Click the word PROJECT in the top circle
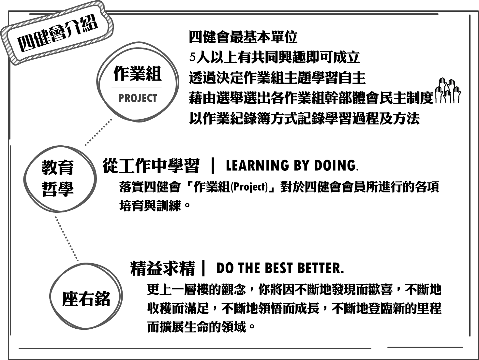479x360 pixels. tap(138, 98)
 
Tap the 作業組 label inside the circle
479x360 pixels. tap(137, 73)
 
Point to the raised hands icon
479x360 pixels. tap(448, 91)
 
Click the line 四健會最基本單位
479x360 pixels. tap(243, 37)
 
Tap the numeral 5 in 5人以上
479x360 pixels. tap(192, 58)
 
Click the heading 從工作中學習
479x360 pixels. tap(151, 166)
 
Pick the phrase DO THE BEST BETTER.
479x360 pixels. tap(280, 268)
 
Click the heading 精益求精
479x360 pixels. tap(162, 268)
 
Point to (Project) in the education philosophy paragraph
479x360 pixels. tap(249, 187)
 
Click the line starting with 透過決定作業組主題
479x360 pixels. tap(277, 78)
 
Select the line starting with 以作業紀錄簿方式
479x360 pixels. tap(304, 118)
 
